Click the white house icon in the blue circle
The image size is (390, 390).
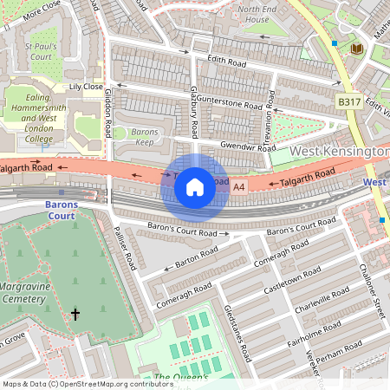(195, 185)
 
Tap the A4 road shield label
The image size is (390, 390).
(240, 185)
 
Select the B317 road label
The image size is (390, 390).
(348, 102)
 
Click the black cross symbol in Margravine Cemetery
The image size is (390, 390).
(75, 315)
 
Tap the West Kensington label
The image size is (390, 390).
(338, 152)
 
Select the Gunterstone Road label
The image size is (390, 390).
(228, 102)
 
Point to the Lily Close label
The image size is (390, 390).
(86, 87)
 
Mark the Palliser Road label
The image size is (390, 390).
(125, 250)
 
